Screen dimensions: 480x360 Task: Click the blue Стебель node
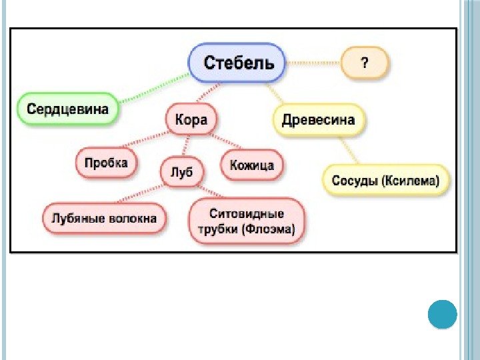pyautogui.click(x=237, y=63)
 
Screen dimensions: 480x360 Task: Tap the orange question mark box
pyautogui.click(x=364, y=63)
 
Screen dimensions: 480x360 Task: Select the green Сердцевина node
pyautogui.click(x=67, y=108)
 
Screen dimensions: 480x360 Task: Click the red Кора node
pyautogui.click(x=191, y=120)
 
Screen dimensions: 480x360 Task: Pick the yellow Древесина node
pyautogui.click(x=319, y=121)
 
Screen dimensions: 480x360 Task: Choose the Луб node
pyautogui.click(x=181, y=171)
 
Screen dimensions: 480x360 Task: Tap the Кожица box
pyautogui.click(x=251, y=165)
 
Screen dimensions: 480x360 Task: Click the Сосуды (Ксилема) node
pyautogui.click(x=386, y=180)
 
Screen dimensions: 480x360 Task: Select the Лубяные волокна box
pyautogui.click(x=105, y=218)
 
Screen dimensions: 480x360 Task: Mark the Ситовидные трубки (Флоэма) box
pyautogui.click(x=247, y=222)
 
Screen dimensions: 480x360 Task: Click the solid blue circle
pyautogui.click(x=441, y=313)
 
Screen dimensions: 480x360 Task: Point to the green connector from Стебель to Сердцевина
pyautogui.click(x=153, y=90)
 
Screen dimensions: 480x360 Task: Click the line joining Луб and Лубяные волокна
pyautogui.click(x=137, y=194)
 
